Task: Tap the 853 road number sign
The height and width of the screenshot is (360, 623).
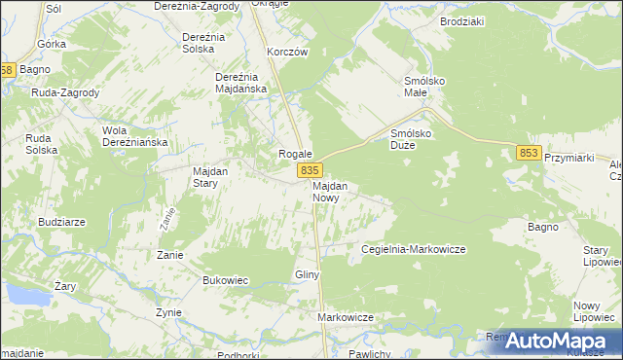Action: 529,152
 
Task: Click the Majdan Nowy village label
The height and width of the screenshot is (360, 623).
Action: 331,191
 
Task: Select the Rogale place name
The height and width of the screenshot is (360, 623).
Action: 295,154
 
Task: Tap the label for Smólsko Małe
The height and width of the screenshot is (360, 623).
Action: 423,88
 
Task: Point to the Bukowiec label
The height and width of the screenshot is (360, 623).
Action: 225,280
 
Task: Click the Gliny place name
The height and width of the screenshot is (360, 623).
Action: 308,275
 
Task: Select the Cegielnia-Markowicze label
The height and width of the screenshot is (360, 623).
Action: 413,249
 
